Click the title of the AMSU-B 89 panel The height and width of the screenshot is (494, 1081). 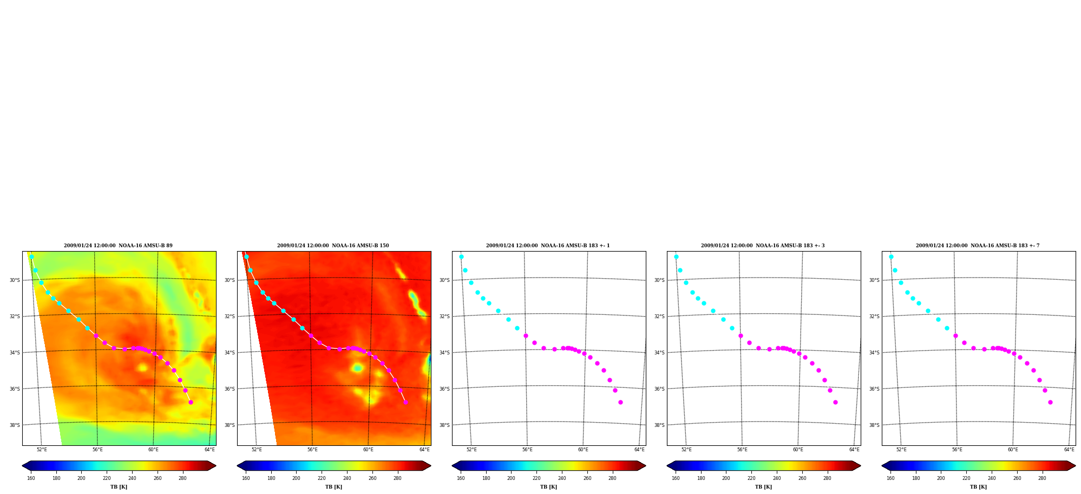[118, 246]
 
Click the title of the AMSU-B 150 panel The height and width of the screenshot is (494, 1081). [333, 246]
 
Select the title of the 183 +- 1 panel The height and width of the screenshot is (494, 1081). [548, 246]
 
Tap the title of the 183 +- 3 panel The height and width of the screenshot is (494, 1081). [763, 246]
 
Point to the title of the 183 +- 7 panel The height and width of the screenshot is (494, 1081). [978, 246]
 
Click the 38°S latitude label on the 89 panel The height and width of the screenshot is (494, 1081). [15, 425]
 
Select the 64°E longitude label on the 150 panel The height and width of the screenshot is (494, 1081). [424, 450]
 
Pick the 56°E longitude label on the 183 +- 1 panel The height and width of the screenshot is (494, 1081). [527, 450]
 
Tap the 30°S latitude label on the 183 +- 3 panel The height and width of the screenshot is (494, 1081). [659, 280]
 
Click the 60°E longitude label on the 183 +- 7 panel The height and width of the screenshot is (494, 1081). [1013, 450]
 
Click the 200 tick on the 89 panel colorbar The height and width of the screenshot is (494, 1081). [81, 478]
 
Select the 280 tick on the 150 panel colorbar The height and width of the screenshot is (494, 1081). [397, 478]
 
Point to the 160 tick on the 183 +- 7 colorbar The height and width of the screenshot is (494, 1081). [890, 478]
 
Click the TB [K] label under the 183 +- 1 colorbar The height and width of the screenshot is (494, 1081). [548, 487]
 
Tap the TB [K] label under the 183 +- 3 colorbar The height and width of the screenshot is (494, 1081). [763, 487]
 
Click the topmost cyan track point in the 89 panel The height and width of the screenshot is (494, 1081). [31, 257]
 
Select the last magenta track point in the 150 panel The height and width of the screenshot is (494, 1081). [405, 402]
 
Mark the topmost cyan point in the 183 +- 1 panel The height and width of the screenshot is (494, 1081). [461, 257]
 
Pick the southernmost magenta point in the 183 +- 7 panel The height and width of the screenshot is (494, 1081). [1050, 402]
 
